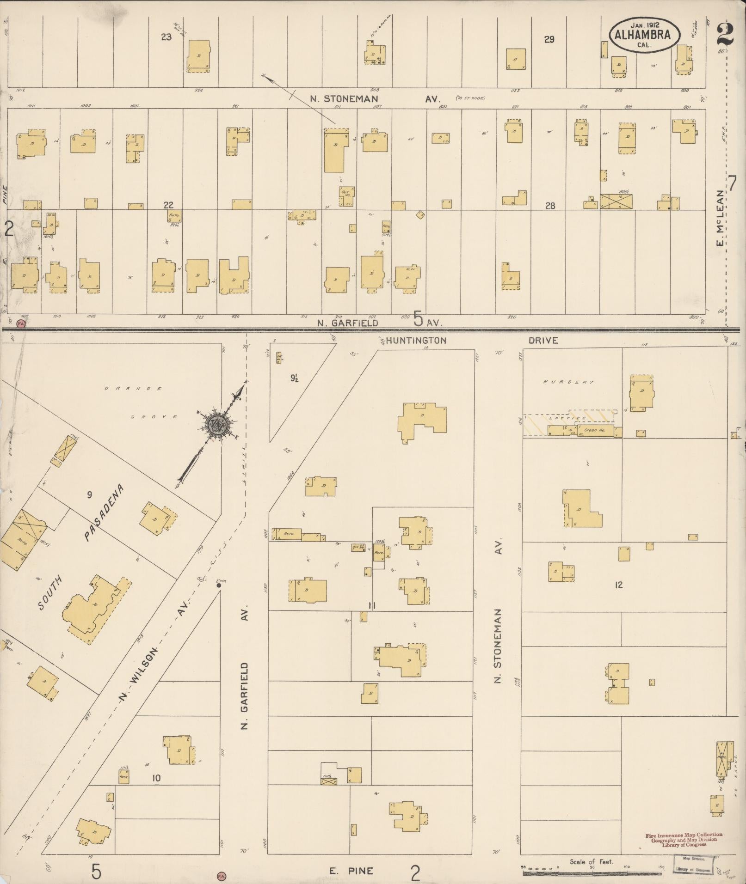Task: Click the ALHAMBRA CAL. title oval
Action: coord(644,35)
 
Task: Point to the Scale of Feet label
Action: coord(591,861)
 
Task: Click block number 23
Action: coord(166,37)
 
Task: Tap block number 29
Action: coord(549,40)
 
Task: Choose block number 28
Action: coord(549,206)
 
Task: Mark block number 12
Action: coord(618,585)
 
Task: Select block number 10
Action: coord(156,778)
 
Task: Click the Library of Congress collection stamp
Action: coord(684,839)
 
